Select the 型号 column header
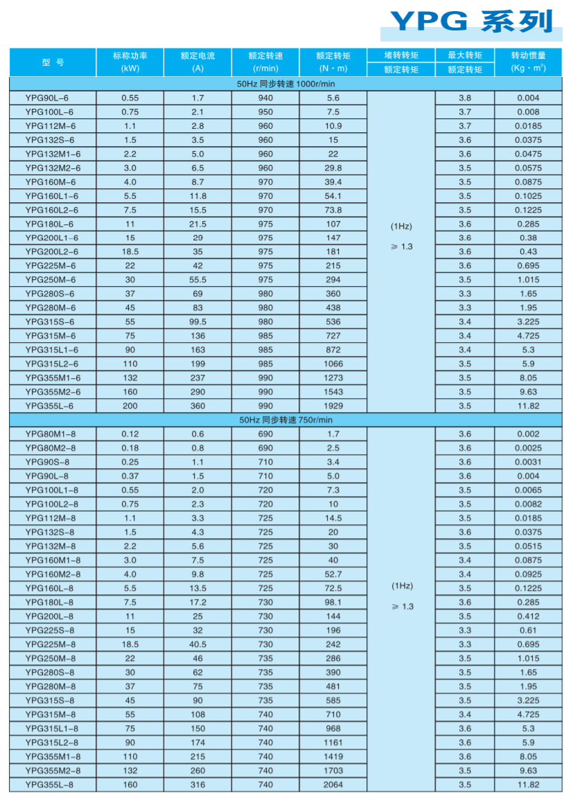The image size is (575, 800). click(x=53, y=62)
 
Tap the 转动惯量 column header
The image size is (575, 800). click(x=528, y=62)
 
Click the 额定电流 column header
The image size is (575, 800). click(x=197, y=62)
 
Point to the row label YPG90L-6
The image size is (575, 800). click(x=49, y=98)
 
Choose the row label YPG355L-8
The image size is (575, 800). click(x=49, y=785)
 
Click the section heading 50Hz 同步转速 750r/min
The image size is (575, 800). click(x=286, y=420)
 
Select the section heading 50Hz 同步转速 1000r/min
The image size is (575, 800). click(x=286, y=84)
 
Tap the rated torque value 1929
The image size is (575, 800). click(x=333, y=406)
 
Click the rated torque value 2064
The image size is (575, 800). click(x=333, y=785)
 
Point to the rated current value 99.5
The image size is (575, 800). click(x=197, y=322)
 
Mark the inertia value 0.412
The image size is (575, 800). click(x=528, y=616)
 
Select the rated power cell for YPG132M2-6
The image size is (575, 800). click(x=130, y=168)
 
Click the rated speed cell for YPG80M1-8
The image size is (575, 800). click(x=265, y=434)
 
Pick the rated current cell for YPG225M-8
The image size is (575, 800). click(x=197, y=644)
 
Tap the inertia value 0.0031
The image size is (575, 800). click(x=528, y=462)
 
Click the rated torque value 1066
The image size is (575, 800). click(x=333, y=364)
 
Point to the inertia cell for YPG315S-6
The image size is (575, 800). click(x=528, y=322)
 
